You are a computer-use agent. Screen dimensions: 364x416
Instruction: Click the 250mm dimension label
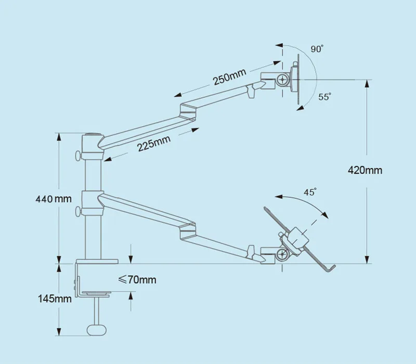coord(229,77)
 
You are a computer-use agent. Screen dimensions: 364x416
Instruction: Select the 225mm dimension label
coord(154,143)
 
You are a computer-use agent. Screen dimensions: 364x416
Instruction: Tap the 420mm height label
coord(366,170)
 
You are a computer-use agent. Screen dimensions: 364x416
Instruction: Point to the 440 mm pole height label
coord(53,199)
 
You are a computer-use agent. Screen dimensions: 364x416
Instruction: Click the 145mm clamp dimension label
coord(54,298)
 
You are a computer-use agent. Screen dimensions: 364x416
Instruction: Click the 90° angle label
coord(317,49)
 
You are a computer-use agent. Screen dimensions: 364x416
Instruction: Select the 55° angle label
coord(325,97)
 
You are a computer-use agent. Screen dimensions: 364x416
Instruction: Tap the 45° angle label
coord(310,192)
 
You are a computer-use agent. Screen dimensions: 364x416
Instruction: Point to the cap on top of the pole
coord(91,136)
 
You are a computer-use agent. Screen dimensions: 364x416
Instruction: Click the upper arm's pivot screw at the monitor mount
coord(283,80)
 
